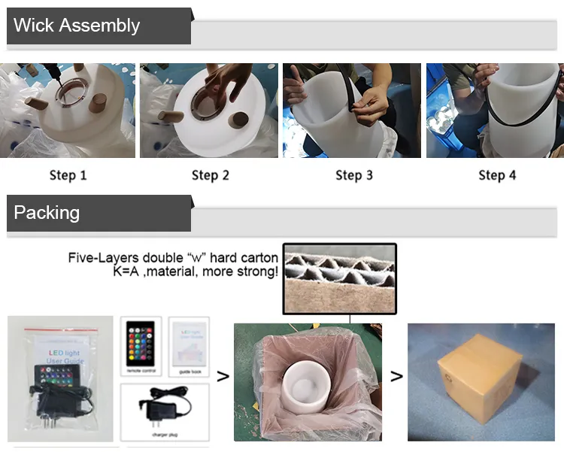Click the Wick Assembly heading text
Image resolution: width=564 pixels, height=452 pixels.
point(77,26)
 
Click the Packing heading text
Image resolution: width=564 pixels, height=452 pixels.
point(47,213)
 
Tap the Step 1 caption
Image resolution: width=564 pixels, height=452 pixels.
point(68,175)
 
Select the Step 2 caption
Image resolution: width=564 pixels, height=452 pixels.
point(211,175)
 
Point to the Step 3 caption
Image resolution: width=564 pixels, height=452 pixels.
point(353,175)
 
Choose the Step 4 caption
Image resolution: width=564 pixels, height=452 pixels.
point(497,175)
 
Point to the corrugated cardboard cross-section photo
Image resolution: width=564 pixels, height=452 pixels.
point(339,278)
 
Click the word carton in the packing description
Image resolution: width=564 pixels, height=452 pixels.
point(254,258)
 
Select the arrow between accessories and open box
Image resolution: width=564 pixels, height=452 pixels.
point(223,376)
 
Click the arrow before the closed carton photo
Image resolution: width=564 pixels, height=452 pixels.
point(396,376)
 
